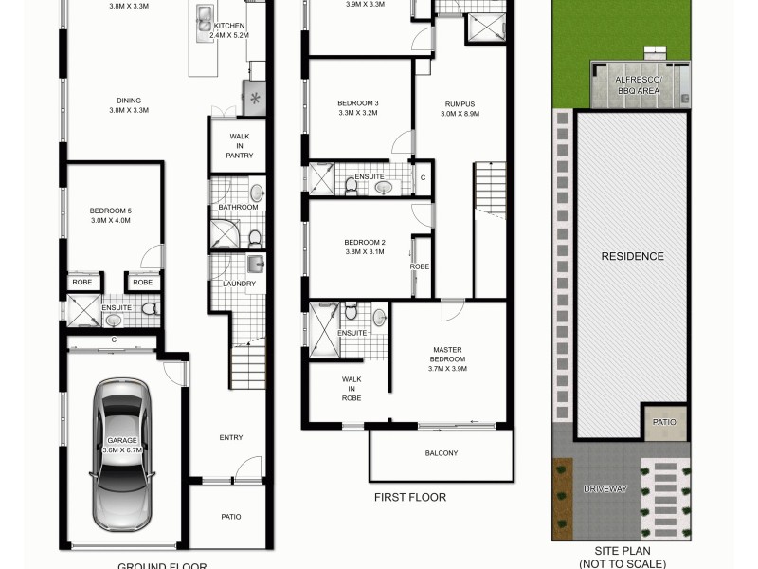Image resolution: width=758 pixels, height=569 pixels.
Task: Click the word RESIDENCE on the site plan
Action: (632, 256)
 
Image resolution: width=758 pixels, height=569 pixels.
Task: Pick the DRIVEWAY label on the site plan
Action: (605, 488)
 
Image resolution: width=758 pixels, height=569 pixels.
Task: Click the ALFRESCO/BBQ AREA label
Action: (638, 86)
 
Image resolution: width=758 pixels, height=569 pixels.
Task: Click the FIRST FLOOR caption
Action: (409, 497)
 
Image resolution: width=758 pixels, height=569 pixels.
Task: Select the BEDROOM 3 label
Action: (357, 107)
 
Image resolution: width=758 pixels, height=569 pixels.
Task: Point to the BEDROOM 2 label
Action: (365, 247)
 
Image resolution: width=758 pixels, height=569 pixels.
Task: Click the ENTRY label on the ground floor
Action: (231, 437)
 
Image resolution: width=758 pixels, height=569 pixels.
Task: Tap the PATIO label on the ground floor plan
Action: (231, 517)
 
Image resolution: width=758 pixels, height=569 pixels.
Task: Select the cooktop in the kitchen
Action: (255, 98)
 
